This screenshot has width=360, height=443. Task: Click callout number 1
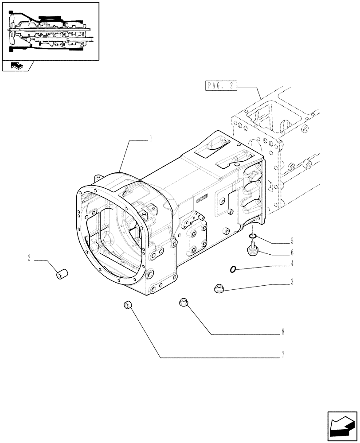[x=151, y=139]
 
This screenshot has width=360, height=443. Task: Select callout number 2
[x=29, y=258]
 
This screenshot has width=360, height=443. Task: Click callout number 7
[x=282, y=354]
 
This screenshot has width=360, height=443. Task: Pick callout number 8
[x=282, y=331]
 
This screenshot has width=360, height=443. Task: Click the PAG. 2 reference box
[x=221, y=86]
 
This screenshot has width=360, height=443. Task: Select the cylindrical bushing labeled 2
[x=61, y=274]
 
